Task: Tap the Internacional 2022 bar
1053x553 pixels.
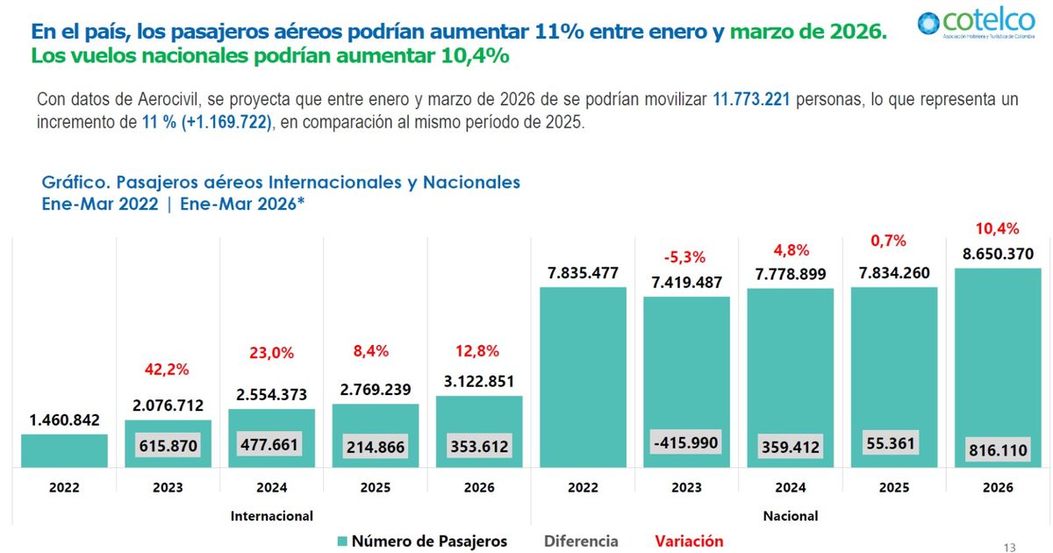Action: click(64, 450)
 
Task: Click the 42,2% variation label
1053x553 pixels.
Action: click(168, 370)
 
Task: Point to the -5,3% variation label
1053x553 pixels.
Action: click(686, 257)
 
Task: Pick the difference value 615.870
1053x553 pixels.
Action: click(168, 445)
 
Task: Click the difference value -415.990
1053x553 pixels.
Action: click(686, 442)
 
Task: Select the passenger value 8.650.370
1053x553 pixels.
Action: click(997, 254)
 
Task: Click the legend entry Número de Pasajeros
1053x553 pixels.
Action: click(422, 541)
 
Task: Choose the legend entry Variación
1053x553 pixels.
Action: click(689, 541)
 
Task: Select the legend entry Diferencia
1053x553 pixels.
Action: click(581, 541)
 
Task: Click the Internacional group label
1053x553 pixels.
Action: click(271, 515)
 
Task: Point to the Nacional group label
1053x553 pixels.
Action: click(790, 515)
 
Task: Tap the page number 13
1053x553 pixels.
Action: click(1009, 548)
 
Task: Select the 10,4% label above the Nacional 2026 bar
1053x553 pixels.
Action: click(997, 229)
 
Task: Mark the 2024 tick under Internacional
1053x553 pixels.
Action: click(271, 487)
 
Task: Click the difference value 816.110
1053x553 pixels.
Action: click(998, 450)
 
